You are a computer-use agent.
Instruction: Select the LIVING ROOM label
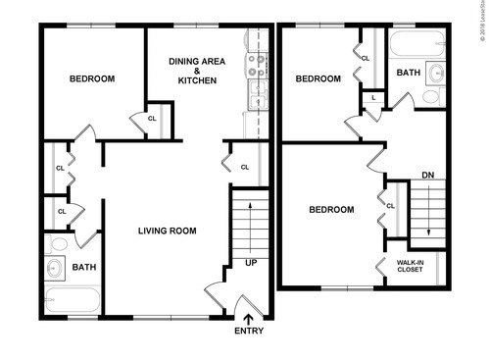pyautogui.click(x=167, y=231)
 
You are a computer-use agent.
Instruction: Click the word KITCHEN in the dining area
pyautogui.click(x=197, y=80)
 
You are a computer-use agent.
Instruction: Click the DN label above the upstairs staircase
pyautogui.click(x=427, y=176)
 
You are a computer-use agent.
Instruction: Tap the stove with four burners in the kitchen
pyautogui.click(x=259, y=68)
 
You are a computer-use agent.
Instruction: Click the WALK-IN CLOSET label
pyautogui.click(x=410, y=266)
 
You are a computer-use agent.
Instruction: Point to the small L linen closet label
pyautogui.click(x=373, y=97)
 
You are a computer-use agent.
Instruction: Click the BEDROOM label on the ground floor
pyautogui.click(x=90, y=78)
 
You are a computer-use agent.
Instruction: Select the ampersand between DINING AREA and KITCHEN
pyautogui.click(x=197, y=71)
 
